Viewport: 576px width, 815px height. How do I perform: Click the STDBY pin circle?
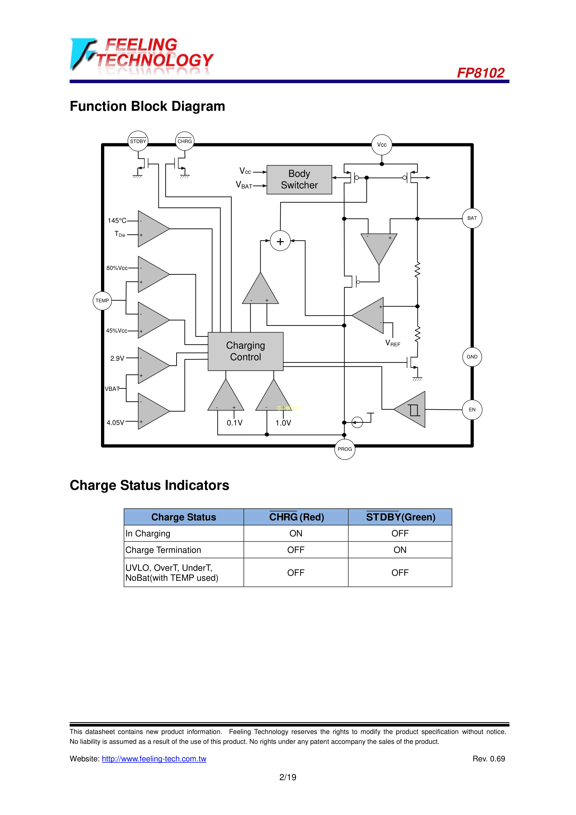pyautogui.click(x=138, y=141)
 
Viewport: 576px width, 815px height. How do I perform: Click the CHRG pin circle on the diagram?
pyautogui.click(x=185, y=141)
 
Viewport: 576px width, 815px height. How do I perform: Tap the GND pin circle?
pyautogui.click(x=472, y=357)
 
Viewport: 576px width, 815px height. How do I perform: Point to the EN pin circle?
pyautogui.click(x=472, y=410)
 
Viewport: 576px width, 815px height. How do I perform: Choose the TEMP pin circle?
pyautogui.click(x=102, y=301)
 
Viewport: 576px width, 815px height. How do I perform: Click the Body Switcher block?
pyautogui.click(x=299, y=180)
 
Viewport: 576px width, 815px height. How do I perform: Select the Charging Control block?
pyautogui.click(x=246, y=351)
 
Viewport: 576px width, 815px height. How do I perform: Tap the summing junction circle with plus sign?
pyautogui.click(x=280, y=241)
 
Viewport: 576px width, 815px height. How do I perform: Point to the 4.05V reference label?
pyautogui.click(x=115, y=423)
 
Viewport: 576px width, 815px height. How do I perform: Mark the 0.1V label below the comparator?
pyautogui.click(x=234, y=423)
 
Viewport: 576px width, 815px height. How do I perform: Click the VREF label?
pyautogui.click(x=393, y=343)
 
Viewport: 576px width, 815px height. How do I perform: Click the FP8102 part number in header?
pyautogui.click(x=481, y=73)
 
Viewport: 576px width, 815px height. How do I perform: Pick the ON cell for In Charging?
pyautogui.click(x=296, y=534)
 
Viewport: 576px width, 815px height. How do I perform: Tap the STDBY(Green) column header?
pyautogui.click(x=400, y=517)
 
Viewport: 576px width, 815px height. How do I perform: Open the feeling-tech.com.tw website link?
pyautogui.click(x=154, y=759)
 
